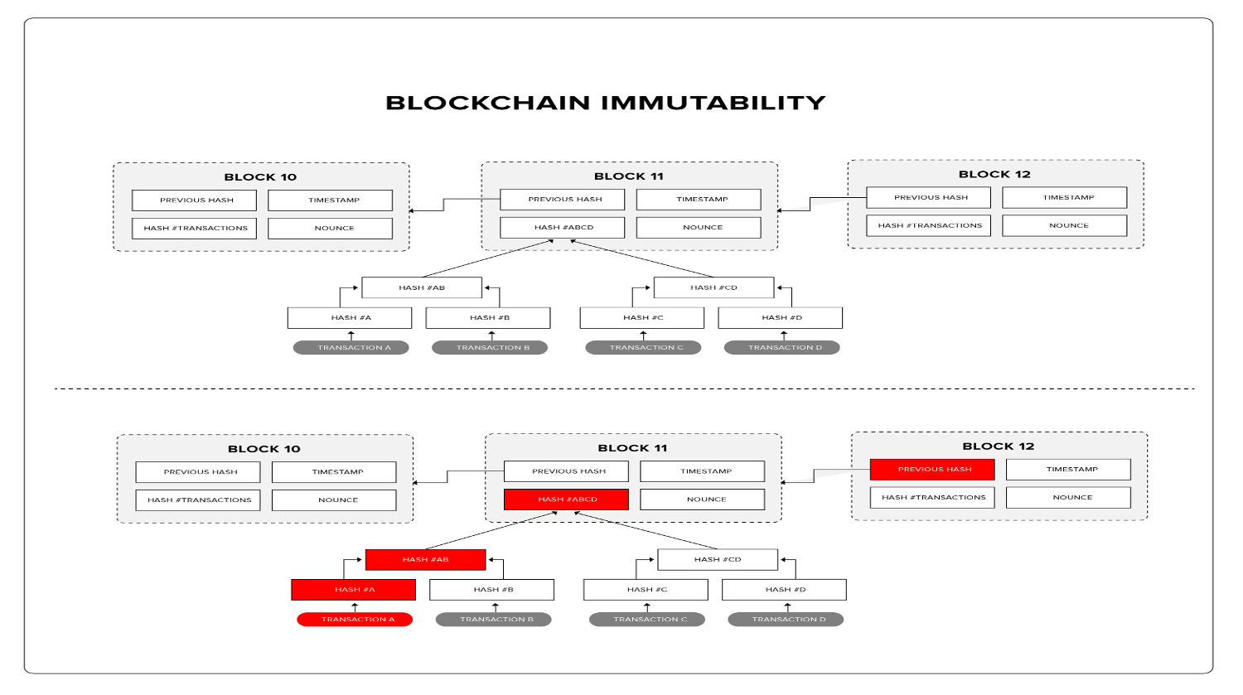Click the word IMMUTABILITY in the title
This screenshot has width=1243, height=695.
tap(713, 103)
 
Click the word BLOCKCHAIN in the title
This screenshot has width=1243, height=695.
tap(488, 103)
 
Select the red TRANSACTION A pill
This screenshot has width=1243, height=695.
tap(355, 620)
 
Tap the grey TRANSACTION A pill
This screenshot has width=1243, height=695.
tap(351, 348)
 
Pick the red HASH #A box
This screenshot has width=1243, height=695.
tap(353, 590)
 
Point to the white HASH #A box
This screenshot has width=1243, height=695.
tap(350, 318)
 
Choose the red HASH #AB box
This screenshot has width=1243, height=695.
tap(425, 560)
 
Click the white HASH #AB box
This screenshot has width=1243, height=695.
tap(422, 288)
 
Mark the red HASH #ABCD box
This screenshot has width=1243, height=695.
tap(566, 500)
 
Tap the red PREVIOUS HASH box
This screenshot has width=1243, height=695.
tap(932, 470)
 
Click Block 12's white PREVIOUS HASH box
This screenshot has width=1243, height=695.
tap(929, 198)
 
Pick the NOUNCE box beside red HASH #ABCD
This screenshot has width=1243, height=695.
tap(703, 500)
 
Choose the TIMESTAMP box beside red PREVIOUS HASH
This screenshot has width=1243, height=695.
tap(1068, 470)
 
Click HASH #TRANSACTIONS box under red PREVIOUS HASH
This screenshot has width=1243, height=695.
tap(932, 498)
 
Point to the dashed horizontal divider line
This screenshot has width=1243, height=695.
tap(621, 389)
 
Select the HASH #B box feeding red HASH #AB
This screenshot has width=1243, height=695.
tap(491, 590)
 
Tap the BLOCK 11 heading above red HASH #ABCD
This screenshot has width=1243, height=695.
tap(632, 448)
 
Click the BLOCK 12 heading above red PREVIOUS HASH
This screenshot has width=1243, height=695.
tap(999, 446)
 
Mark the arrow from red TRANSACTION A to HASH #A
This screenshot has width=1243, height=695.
tap(355, 607)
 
